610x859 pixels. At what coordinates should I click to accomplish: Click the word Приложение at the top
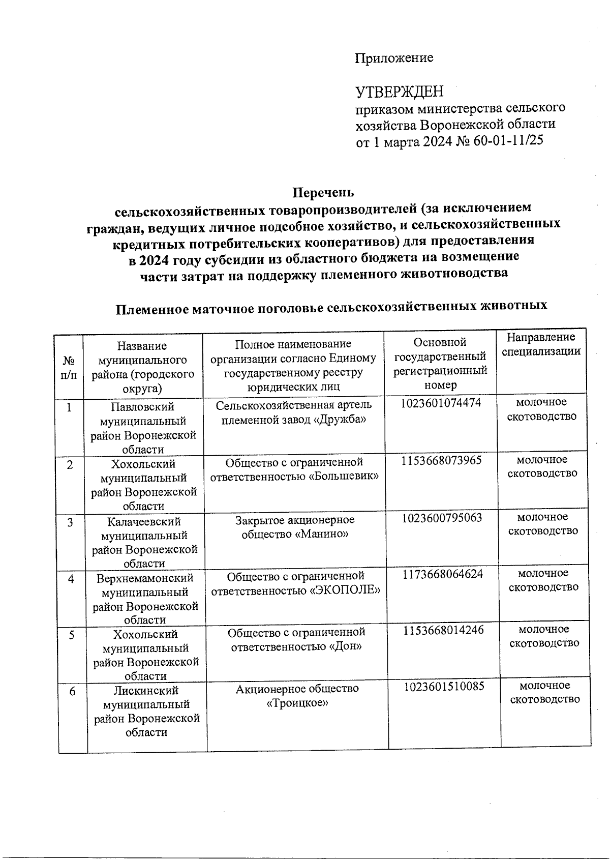394,58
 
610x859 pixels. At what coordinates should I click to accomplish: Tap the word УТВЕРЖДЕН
399,92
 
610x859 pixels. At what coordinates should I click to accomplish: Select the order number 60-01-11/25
508,141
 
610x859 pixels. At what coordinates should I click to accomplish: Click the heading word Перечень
323,193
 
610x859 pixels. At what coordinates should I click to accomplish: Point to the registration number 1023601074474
441,403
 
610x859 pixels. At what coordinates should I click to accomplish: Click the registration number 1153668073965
441,461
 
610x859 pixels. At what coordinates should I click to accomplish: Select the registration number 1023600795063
442,518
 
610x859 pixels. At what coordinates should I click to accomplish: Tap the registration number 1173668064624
443,575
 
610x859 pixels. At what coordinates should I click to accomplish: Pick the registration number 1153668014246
443,631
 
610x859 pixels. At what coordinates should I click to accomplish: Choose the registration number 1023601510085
444,687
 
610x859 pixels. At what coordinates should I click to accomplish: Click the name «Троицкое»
297,703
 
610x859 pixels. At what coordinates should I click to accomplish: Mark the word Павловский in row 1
143,407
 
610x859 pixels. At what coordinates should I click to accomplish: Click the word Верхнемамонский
145,579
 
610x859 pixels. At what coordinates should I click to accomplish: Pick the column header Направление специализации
541,344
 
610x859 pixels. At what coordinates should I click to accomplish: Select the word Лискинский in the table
146,691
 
